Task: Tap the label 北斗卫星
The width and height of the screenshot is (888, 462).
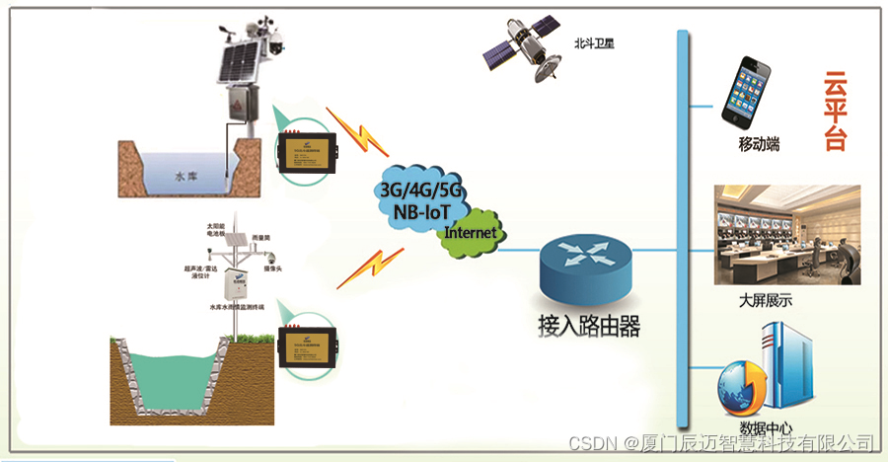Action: tap(594, 44)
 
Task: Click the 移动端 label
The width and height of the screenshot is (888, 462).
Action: tap(759, 145)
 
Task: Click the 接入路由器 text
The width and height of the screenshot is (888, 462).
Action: tap(589, 327)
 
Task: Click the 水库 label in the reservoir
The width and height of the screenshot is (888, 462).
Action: tap(185, 177)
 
